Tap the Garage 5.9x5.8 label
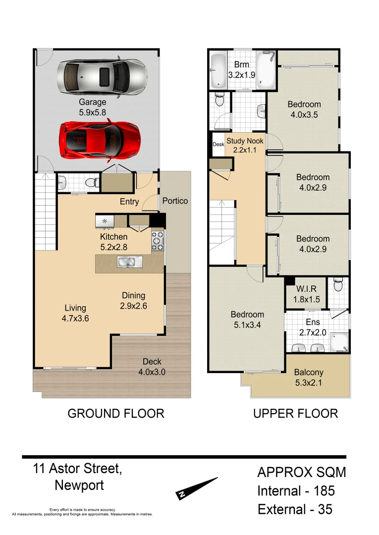click(x=93, y=107)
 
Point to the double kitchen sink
click(x=129, y=262)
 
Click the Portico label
click(x=175, y=201)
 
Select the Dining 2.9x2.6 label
click(x=133, y=301)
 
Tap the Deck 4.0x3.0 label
click(x=152, y=367)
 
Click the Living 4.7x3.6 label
click(x=75, y=313)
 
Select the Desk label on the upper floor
click(x=218, y=144)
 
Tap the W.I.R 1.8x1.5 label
click(x=304, y=294)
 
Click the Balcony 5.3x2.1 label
click(x=309, y=377)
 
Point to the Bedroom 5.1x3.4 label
click(x=247, y=320)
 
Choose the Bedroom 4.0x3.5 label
click(x=304, y=109)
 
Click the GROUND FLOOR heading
click(x=115, y=413)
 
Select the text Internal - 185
click(x=296, y=491)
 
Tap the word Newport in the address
click(x=79, y=485)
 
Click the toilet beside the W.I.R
click(x=338, y=285)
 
